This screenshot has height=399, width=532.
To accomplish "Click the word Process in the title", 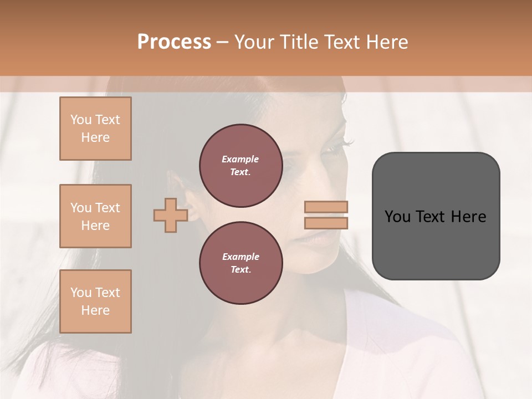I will coord(174,42).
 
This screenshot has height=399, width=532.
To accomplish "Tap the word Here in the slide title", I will coord(386,42).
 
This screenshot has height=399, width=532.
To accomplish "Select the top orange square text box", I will coord(95,129).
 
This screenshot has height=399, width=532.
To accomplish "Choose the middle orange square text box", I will coord(95,216).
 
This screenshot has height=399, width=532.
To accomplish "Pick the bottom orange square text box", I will coord(95,301).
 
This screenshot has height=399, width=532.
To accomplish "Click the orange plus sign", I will coord(170,215).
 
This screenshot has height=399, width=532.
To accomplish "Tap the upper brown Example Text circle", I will coord(241,166).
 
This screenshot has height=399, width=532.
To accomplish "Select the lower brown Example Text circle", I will coord(241,263).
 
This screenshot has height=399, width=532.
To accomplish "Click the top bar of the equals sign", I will coord(326,207).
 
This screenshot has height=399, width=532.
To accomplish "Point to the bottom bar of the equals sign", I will coord(326,223).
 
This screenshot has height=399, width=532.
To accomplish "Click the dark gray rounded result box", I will coord(436,244).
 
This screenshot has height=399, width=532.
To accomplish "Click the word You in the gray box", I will coord(397,217).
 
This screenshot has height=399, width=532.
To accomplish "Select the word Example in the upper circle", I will coord(241,159).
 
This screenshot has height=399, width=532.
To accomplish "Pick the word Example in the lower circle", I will coord(241,257).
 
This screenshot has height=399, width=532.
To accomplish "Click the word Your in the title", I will coord(257,42).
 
